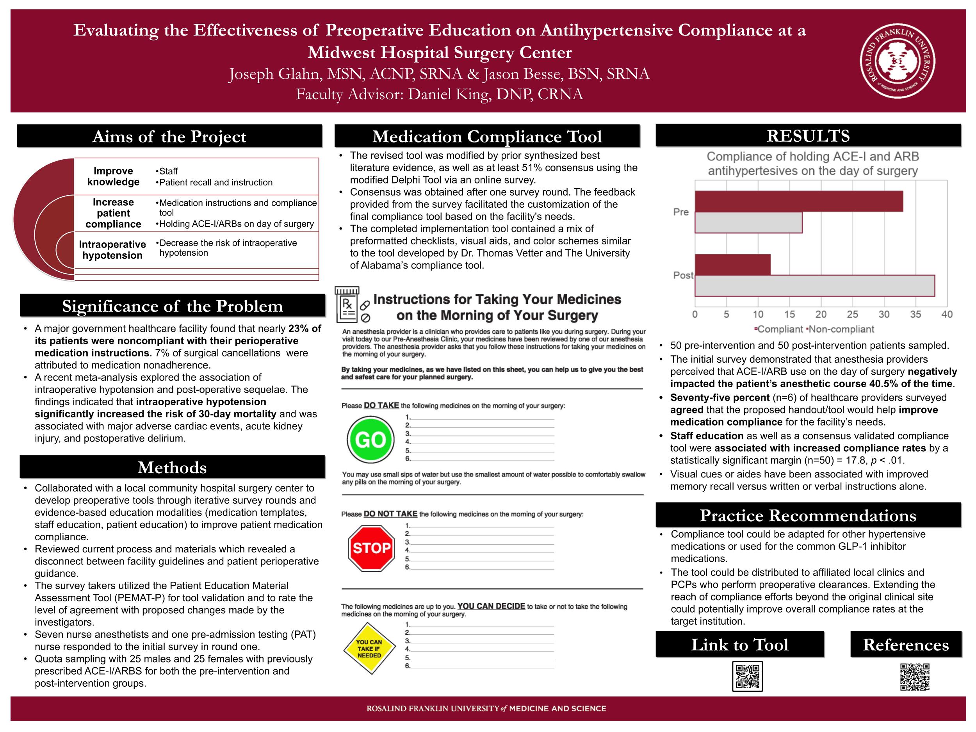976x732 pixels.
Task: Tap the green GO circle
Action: point(370,440)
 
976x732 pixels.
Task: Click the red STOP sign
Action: point(370,548)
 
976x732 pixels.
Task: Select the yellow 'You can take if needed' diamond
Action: point(369,648)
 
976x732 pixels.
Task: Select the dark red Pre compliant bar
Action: point(798,201)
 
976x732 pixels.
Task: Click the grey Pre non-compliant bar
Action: point(748,223)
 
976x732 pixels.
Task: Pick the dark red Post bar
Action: point(732,265)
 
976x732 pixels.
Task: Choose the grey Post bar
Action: point(814,286)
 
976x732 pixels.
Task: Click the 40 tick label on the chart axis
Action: point(946,314)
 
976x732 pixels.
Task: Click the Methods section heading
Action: point(172,467)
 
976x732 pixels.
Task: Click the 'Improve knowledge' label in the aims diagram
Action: point(113,176)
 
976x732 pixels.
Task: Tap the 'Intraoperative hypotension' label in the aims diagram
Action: point(112,250)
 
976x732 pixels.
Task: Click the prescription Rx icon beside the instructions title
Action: point(347,305)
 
